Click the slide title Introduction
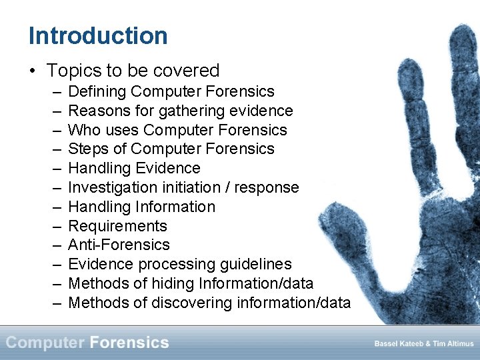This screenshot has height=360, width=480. [x=98, y=35]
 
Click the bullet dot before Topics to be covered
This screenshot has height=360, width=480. [x=33, y=71]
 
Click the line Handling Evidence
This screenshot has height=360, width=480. [x=134, y=168]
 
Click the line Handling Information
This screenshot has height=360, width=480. [x=141, y=207]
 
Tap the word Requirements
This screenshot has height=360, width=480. [x=117, y=226]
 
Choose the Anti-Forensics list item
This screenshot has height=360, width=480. [x=119, y=245]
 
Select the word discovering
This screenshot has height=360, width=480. [x=193, y=303]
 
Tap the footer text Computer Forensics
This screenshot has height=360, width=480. [x=87, y=343]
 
